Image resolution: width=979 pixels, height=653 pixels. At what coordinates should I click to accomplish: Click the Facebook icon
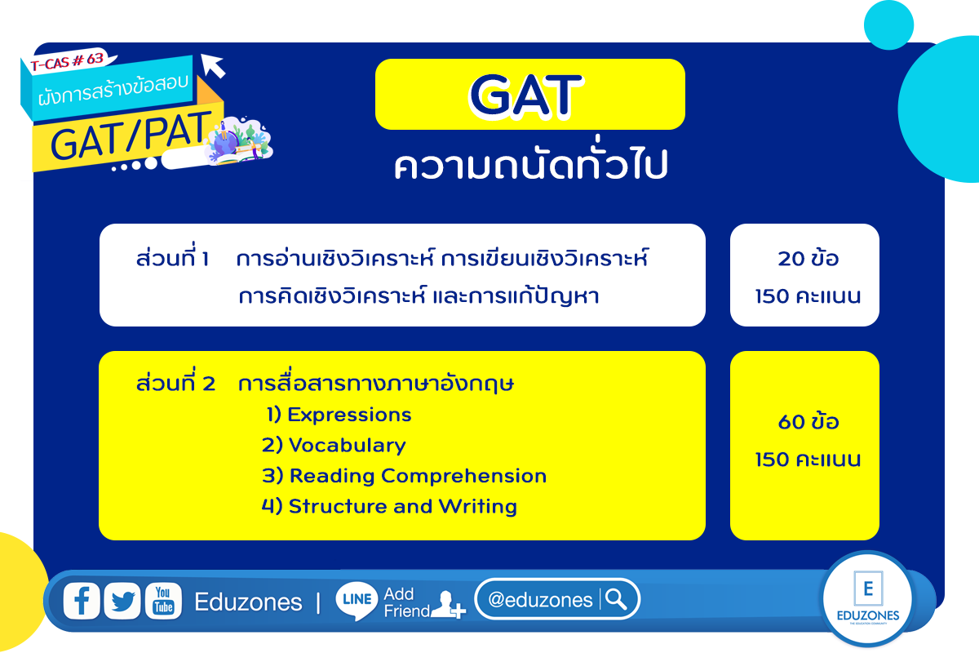pos(82,601)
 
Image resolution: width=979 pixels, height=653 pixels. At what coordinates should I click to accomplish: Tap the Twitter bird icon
pos(122,601)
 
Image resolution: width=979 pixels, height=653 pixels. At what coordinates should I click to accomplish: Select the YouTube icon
pos(163,601)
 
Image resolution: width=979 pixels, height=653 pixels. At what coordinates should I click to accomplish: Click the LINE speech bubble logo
pos(357,601)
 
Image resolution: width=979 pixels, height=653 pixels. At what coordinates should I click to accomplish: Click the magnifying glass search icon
pos(616,599)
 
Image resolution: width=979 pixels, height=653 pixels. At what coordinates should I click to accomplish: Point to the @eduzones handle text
pos(540,600)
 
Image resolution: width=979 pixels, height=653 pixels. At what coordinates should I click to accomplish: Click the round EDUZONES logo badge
pos(867,598)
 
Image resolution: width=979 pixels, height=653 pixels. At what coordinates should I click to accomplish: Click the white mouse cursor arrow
pos(213,65)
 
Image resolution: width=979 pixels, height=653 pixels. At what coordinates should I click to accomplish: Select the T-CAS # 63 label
pos(67,61)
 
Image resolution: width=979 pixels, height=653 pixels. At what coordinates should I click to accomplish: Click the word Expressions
pos(349,414)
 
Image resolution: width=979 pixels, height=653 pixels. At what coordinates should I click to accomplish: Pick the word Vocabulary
pos(347,445)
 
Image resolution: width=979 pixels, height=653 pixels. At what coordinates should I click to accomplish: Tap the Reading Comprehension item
pos(418,476)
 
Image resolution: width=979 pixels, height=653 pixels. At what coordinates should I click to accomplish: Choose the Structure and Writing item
pos(402,506)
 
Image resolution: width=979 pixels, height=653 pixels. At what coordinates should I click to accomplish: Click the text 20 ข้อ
pos(808,258)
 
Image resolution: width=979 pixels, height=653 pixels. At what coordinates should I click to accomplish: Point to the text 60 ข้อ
pos(808,422)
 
